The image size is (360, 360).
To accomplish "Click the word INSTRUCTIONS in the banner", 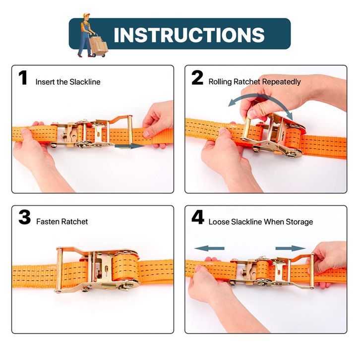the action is click(x=189, y=35).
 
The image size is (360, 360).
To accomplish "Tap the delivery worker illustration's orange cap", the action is click(x=86, y=15).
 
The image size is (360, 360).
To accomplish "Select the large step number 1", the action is click(x=23, y=78).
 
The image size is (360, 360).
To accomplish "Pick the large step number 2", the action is click(x=197, y=78).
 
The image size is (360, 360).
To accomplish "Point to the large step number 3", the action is click(x=25, y=217).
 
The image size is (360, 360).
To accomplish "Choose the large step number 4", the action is click(x=198, y=217).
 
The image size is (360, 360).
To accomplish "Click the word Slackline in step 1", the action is click(x=85, y=82).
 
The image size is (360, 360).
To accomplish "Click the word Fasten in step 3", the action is click(x=48, y=222).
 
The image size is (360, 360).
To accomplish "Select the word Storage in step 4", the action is click(x=300, y=222).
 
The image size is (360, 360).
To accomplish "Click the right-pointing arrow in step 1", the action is click(x=129, y=146).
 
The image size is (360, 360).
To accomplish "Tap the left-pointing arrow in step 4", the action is click(x=209, y=248).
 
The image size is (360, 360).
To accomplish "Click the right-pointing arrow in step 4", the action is click(x=291, y=248).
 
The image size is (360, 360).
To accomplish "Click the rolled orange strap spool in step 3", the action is click(x=124, y=268).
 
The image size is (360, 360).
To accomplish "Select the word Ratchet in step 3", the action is click(x=75, y=222).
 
